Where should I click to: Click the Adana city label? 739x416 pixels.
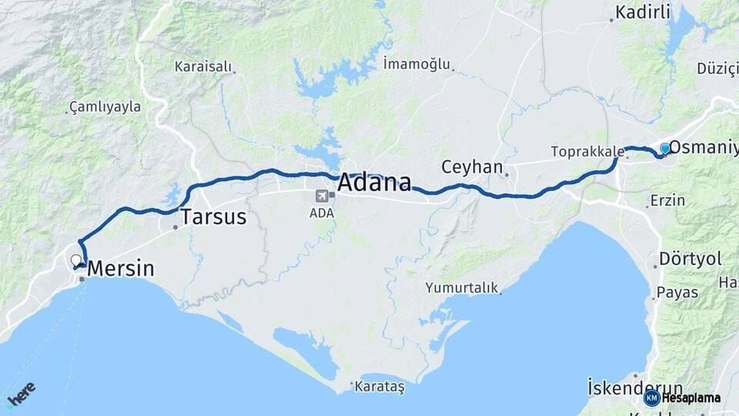coord(374,183)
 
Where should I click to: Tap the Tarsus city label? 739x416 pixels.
coord(213,217)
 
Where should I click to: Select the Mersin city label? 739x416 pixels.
coord(121,269)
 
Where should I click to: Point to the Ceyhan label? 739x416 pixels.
coord(472,167)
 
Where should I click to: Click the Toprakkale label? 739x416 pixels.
coord(582,152)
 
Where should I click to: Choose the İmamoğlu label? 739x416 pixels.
coord(416,65)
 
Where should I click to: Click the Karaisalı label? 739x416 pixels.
coord(203,67)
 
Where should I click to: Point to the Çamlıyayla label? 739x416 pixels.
coord(105,107)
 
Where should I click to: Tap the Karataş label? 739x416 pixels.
coord(380,387)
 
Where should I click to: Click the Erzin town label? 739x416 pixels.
coord(667,200)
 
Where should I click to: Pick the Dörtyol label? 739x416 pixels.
coord(691,259)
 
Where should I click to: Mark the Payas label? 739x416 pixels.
coord(677,293)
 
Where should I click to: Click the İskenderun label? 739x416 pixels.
coord(634,386)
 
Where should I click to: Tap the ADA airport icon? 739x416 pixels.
coord(320,196)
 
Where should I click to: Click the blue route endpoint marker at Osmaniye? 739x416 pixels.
coord(665,148)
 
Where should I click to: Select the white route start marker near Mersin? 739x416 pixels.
coord(75,260)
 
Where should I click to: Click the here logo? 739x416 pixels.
coord(21,395)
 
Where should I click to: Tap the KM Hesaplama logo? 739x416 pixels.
coord(682,398)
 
